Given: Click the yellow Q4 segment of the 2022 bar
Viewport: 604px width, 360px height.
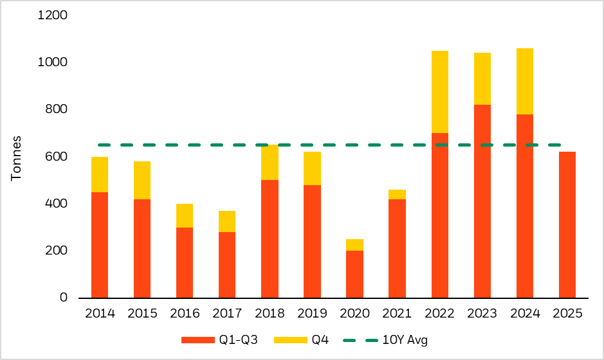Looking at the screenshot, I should tap(440, 92).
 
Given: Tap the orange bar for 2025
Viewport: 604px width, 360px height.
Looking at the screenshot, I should tap(567, 224).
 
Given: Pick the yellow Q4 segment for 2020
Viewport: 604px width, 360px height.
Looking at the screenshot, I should tap(354, 245).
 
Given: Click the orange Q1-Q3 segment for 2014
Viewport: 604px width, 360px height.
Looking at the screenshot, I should tap(100, 245).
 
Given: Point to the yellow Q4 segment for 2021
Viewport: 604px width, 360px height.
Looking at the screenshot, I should tap(397, 195).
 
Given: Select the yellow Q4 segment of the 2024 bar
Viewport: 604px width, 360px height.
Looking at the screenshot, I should tap(525, 82).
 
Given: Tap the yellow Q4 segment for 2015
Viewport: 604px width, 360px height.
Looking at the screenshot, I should tap(142, 181).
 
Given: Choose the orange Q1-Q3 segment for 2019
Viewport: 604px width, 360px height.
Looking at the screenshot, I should tap(312, 241).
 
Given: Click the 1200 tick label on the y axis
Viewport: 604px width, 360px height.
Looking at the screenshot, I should tap(53, 15).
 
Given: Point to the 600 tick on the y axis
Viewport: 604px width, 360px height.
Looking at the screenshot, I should tap(57, 157).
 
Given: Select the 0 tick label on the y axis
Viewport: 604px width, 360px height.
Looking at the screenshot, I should tap(64, 298).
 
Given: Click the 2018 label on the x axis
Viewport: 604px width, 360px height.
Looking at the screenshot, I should tap(270, 314).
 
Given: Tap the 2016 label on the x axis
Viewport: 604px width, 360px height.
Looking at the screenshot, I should tap(185, 314).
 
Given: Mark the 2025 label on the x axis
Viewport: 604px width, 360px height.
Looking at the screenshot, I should tap(567, 314).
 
